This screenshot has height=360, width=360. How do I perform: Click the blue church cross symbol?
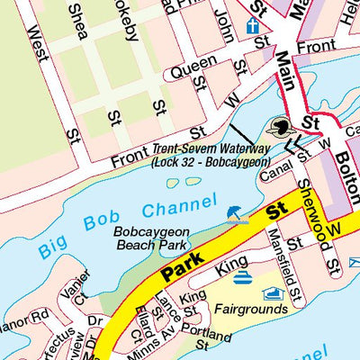coord(253,25)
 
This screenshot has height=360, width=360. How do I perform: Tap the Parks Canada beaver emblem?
coord(281,127)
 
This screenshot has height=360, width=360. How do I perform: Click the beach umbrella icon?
coord(235,213)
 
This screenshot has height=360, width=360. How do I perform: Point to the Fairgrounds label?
coord(251,309)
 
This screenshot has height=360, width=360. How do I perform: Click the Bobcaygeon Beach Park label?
coord(149,238)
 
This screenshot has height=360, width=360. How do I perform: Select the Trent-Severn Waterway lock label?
coord(211,157)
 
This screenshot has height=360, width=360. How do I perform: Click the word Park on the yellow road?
coord(183,263)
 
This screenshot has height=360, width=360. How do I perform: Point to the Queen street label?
coord(193,65)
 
